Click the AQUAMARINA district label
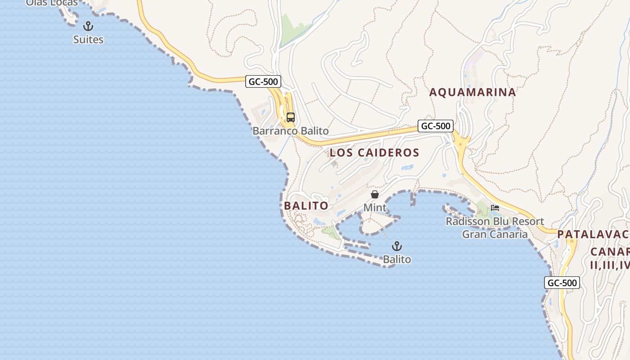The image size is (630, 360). (x=472, y=92)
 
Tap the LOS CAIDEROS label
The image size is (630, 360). (x=374, y=153)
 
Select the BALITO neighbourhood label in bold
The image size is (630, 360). (x=306, y=206)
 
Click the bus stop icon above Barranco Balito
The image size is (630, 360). (x=291, y=117)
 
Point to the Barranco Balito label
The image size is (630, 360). (x=291, y=131)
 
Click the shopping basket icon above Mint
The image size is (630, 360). (x=375, y=194)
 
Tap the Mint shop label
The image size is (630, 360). (x=375, y=207)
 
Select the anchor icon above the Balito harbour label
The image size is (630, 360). (x=396, y=246)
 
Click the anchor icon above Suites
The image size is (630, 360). (x=88, y=26)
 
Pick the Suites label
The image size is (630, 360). (x=88, y=40)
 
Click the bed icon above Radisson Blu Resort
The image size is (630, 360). (x=495, y=208)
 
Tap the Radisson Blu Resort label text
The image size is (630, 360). (x=495, y=221)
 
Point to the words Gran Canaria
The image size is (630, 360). (x=495, y=234)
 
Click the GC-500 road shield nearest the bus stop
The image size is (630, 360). (x=264, y=81)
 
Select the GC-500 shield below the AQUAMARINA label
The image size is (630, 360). (x=435, y=126)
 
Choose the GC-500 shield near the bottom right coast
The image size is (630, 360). (x=562, y=283)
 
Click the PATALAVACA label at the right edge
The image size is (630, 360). (x=593, y=234)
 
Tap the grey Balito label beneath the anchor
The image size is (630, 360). (x=397, y=259)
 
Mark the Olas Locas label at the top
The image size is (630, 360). (x=52, y=3)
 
